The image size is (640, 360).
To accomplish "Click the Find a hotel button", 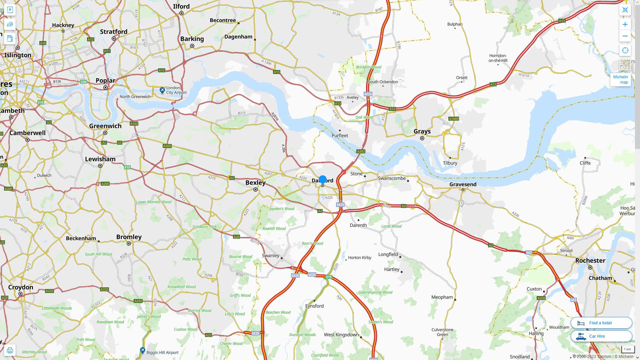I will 601,323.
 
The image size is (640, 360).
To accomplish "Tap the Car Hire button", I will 601,336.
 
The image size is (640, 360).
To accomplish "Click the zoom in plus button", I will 625,24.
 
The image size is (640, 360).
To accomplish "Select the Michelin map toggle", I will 620,79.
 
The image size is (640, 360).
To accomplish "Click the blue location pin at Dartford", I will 323,180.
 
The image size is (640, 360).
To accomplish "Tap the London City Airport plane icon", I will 162,90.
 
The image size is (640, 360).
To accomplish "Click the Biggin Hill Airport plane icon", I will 143,350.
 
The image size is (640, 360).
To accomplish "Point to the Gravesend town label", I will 463,184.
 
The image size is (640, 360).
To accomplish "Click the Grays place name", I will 422,131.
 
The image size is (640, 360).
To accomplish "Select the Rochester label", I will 590,261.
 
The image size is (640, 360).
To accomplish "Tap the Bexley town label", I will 255,183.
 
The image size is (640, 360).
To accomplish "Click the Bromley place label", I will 129,237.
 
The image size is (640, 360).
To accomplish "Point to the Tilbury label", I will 450,163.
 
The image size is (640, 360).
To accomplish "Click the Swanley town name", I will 271,256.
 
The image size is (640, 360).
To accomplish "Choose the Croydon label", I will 21,287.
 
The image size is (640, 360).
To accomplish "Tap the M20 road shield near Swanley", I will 312,275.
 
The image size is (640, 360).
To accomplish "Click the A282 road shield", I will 361,151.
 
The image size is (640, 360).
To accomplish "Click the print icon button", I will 10,350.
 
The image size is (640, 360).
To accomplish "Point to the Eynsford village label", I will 314,306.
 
